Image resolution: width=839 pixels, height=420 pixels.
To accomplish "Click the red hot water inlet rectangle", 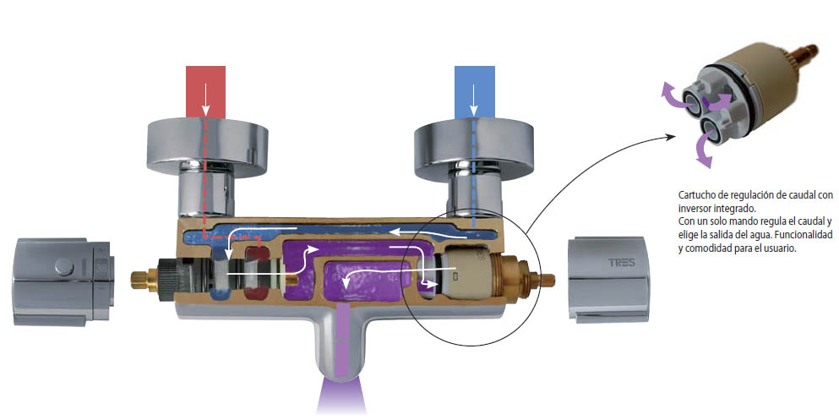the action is click(x=205, y=91).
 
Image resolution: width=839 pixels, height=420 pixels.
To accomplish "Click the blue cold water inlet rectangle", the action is click(x=474, y=91).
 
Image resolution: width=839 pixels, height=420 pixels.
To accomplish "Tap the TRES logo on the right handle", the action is click(x=621, y=263).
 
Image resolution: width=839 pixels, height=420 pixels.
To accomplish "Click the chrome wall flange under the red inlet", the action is click(x=207, y=146).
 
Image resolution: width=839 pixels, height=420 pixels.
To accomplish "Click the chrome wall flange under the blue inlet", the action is click(x=475, y=148).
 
